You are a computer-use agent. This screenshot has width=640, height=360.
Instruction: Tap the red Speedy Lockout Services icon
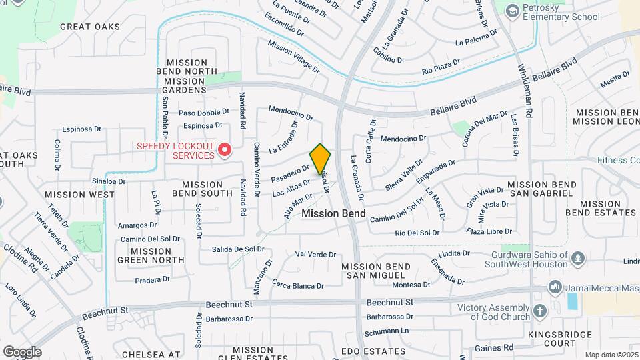click(225, 151)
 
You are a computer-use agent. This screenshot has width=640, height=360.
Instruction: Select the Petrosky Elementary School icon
click(512, 11)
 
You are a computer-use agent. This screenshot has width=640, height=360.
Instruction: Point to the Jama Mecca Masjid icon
click(555, 287)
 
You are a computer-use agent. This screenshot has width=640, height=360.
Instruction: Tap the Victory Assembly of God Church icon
click(540, 311)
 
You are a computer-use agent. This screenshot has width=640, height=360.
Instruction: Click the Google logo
click(22, 351)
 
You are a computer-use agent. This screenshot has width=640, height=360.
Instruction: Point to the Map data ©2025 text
click(612, 355)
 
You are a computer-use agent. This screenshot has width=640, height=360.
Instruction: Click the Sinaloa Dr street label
click(109, 181)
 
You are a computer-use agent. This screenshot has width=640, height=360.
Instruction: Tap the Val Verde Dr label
click(315, 255)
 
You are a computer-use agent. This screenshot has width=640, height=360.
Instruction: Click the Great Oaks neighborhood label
click(90, 27)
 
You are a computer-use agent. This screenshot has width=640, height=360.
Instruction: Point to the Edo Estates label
click(364, 350)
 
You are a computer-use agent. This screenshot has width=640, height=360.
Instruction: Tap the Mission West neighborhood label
click(74, 195)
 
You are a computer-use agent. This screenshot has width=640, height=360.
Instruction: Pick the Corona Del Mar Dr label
click(485, 129)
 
